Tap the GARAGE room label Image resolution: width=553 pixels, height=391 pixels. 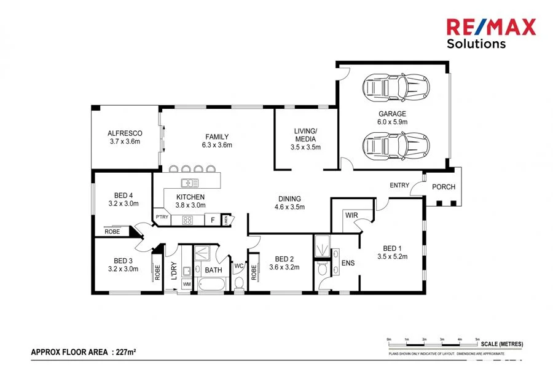(x=391, y=117)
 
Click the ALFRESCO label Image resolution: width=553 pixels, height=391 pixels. (x=125, y=137)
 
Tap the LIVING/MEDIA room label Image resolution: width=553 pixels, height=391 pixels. (x=305, y=139)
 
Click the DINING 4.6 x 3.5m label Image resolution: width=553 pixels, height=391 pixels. (x=289, y=202)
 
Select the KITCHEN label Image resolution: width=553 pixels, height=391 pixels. (x=190, y=201)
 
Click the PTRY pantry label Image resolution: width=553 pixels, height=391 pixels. (x=162, y=217)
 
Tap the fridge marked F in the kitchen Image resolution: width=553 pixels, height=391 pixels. (x=213, y=219)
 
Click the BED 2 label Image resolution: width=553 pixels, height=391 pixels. (x=283, y=263)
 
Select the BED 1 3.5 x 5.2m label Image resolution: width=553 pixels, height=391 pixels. (x=393, y=252)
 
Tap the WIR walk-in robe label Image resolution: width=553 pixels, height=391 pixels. (x=351, y=215)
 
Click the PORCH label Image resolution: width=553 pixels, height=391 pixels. (x=444, y=187)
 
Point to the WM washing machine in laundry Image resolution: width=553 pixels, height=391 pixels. (x=186, y=284)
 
